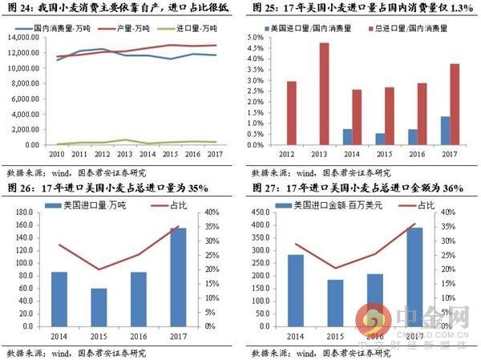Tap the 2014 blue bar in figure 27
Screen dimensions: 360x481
point(295,290)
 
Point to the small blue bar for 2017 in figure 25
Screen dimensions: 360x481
point(446,131)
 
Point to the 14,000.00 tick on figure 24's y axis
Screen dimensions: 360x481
point(31,37)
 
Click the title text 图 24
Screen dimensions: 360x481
point(19,7)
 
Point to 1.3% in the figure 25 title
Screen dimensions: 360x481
point(460,7)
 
